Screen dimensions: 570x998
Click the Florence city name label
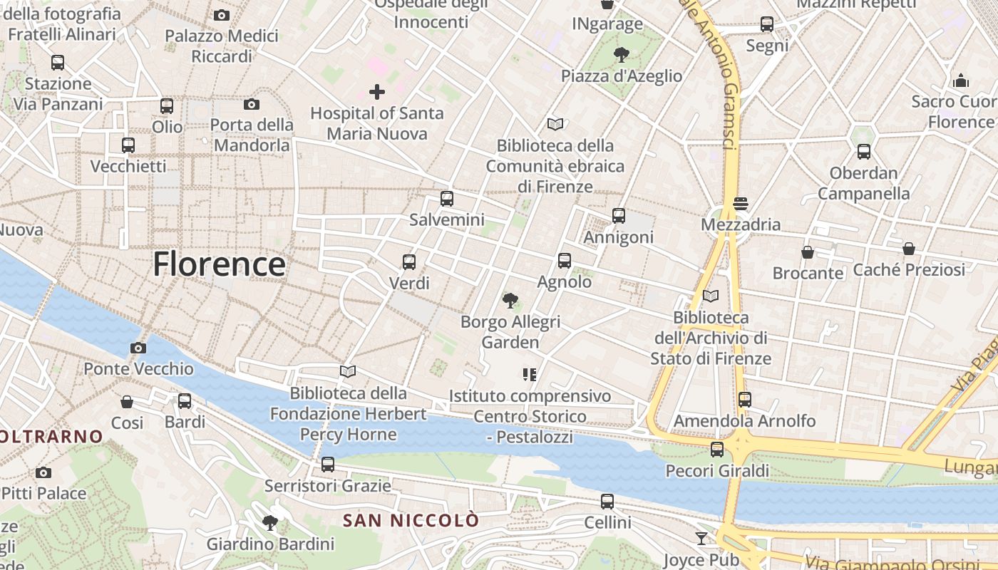point(219,264)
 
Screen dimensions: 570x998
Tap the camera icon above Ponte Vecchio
point(138,348)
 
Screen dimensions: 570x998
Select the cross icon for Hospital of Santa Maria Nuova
point(377,91)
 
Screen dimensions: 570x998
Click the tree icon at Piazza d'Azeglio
point(622,54)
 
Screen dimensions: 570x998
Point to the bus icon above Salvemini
point(447,199)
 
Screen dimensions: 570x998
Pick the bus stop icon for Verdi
point(409,261)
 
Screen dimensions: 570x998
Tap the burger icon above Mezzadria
point(741,204)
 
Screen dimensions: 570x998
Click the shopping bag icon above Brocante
point(808,252)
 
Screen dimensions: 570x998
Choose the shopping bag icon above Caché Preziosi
point(908,249)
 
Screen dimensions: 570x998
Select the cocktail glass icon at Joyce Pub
point(701,539)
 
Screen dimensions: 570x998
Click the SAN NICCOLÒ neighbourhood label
point(411,521)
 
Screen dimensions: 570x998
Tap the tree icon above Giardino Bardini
point(270,524)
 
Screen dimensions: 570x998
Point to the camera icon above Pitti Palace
point(43,472)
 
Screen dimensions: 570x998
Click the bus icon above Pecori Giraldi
point(717,450)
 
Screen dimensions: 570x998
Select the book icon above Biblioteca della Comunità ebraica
point(555,124)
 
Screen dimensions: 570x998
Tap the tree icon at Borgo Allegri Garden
point(510,301)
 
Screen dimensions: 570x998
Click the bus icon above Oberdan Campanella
point(864,152)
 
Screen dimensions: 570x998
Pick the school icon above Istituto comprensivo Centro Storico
point(529,374)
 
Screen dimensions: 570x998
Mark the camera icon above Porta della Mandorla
point(251,105)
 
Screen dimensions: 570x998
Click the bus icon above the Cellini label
point(607,502)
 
